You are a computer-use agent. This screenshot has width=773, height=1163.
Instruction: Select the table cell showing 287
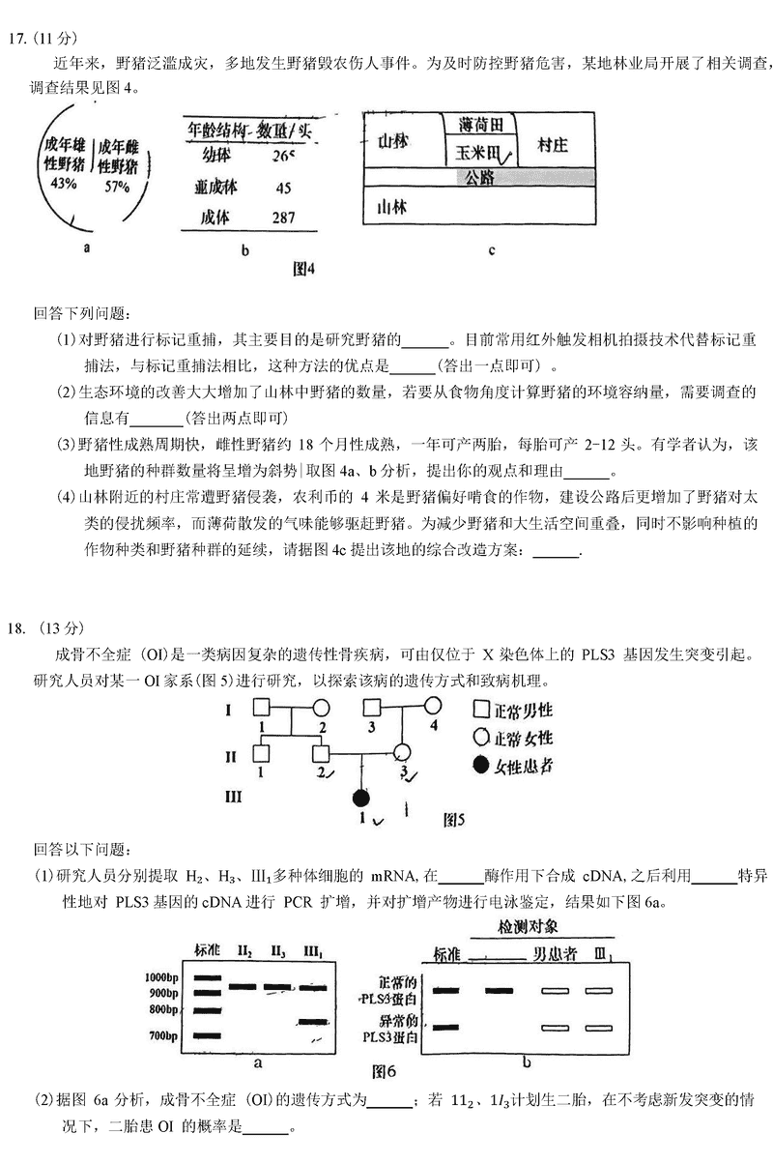[x=283, y=218]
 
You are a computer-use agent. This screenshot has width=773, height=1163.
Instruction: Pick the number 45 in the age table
[x=283, y=188]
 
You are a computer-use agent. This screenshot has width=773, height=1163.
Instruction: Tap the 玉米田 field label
[x=475, y=152]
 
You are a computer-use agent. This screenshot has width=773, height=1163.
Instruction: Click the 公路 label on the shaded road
[x=479, y=177]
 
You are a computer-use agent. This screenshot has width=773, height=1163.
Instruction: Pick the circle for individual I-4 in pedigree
[x=427, y=707]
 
